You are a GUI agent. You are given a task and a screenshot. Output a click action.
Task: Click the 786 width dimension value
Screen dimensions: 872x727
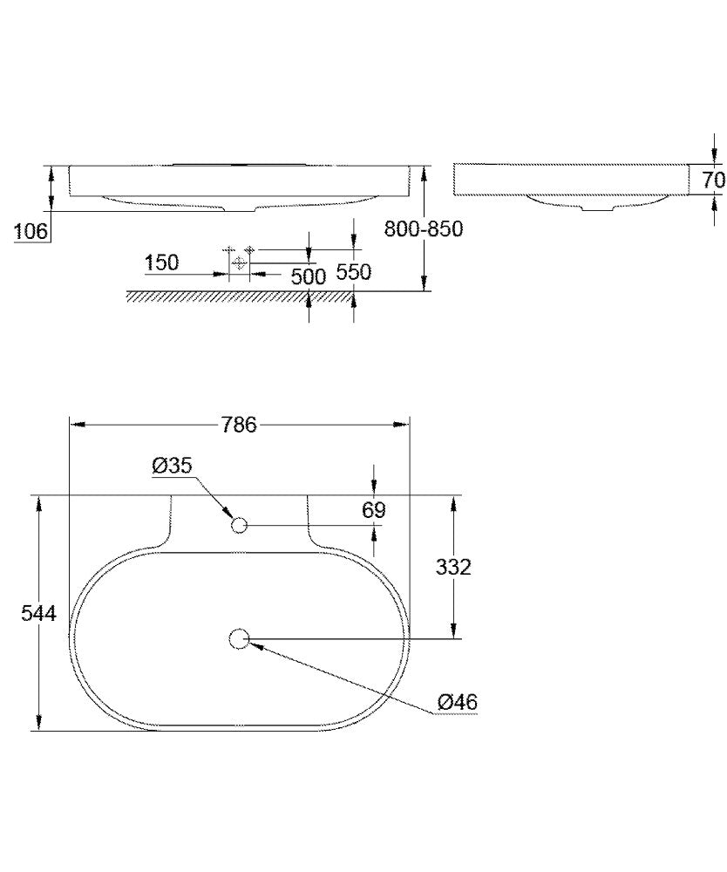239,425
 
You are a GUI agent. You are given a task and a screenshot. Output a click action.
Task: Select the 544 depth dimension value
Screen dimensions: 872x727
38,614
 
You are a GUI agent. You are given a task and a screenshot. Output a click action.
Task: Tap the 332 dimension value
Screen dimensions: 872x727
453,567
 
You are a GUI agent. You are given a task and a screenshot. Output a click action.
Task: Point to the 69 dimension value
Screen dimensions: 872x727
374,509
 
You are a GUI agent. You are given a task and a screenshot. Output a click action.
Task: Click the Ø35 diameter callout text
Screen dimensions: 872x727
172,467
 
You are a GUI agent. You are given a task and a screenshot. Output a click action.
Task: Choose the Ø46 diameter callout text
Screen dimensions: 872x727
458,701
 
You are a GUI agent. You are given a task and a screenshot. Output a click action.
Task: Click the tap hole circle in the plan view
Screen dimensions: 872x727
240,525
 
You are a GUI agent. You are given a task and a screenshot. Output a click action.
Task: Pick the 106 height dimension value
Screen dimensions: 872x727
31,231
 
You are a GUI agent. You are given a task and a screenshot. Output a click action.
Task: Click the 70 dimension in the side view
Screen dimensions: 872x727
713,181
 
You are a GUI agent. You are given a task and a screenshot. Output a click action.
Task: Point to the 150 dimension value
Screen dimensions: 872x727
161,262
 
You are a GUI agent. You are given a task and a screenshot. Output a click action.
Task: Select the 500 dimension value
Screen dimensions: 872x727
308,276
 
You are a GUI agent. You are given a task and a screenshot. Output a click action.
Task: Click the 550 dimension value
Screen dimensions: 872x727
354,272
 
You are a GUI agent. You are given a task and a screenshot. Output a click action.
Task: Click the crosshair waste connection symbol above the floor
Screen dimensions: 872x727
238,262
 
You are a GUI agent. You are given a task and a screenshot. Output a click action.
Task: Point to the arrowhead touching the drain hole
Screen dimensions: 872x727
254,644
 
